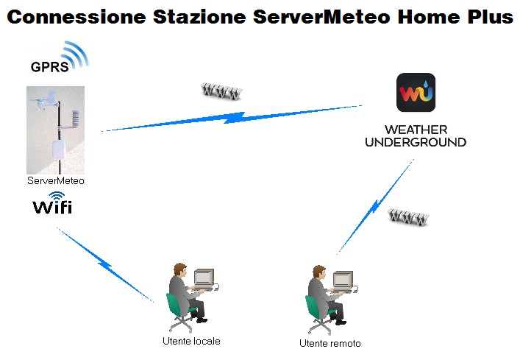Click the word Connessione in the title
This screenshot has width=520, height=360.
pos(76,17)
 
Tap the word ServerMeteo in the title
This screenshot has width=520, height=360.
pos(321,17)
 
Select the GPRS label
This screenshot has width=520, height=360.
pos(49,67)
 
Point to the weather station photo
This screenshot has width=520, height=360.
pos(55,130)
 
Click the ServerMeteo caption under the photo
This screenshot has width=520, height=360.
pos(56,181)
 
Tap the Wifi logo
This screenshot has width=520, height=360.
pos(52,203)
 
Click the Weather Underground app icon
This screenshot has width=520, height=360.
pos(416,92)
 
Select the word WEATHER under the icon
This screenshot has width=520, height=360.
pos(416,130)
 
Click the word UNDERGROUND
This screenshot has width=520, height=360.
pos(416,142)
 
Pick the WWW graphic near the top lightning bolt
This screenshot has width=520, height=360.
pos(221,91)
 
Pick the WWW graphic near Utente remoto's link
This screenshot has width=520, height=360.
pos(408,217)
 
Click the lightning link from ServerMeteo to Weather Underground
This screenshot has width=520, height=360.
pos(232,118)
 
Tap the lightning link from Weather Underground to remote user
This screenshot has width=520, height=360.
pos(375,207)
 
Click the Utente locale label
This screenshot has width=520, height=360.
pos(191,341)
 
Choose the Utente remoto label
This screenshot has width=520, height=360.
pos(330,343)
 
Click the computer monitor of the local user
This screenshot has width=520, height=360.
pos(204,278)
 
